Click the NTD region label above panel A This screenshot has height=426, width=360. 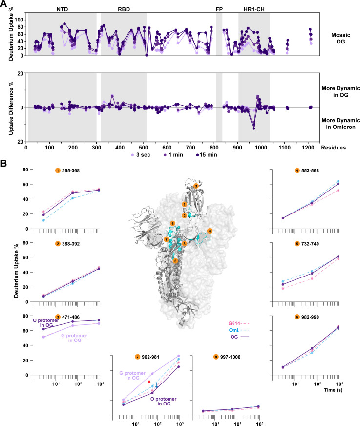coord(62,9)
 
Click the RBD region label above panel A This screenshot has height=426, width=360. coord(124,9)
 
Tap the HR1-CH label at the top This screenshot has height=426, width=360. coord(254,9)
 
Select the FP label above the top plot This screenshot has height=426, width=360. coord(219,9)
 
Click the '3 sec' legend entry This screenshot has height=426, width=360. coord(141,155)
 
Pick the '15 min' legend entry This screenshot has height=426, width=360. coord(207,155)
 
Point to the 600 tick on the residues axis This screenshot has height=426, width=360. coord(167,148)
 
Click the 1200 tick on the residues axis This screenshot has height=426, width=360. coord(308,148)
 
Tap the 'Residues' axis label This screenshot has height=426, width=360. coord(333,148)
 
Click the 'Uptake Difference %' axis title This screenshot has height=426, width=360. coord(11,108)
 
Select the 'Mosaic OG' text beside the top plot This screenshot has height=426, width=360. coord(340,38)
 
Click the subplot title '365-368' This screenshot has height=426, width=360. coord(71,170)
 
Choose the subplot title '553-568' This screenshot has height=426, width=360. coord(310,170)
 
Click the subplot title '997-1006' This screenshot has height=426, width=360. coord(230,357)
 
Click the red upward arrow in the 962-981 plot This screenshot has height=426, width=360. coord(149,385)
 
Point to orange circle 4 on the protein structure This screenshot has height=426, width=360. coord(210,231)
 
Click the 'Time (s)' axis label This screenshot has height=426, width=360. coord(333,390)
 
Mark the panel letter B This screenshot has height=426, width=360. coord(3,163)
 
